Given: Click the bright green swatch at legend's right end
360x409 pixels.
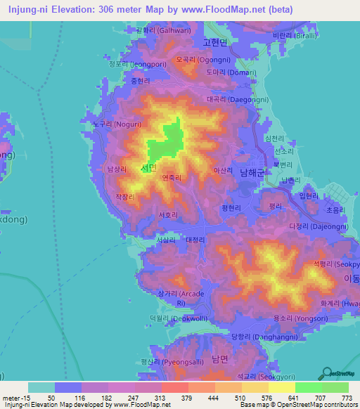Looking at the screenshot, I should tap(335, 387).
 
